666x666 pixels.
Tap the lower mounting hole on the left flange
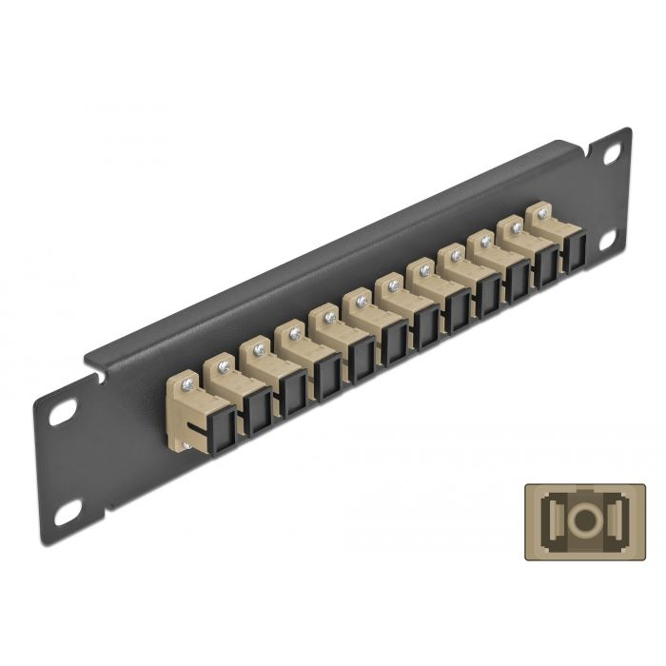(67, 515)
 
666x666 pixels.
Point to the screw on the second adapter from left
(223, 364)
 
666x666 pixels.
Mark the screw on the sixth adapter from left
(357, 300)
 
